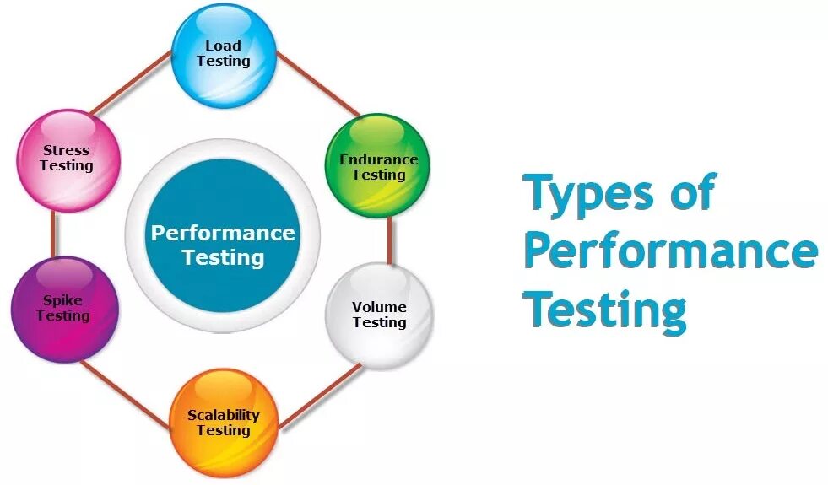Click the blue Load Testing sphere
click(224, 54)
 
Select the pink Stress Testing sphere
click(67, 159)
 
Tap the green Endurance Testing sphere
click(378, 166)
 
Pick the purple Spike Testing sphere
click(63, 309)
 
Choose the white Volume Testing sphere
click(379, 315)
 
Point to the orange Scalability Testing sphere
click(224, 423)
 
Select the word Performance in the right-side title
click(670, 251)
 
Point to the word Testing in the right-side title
click(604, 309)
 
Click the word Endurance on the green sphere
click(378, 159)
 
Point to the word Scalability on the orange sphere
click(224, 415)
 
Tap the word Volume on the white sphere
click(379, 307)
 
